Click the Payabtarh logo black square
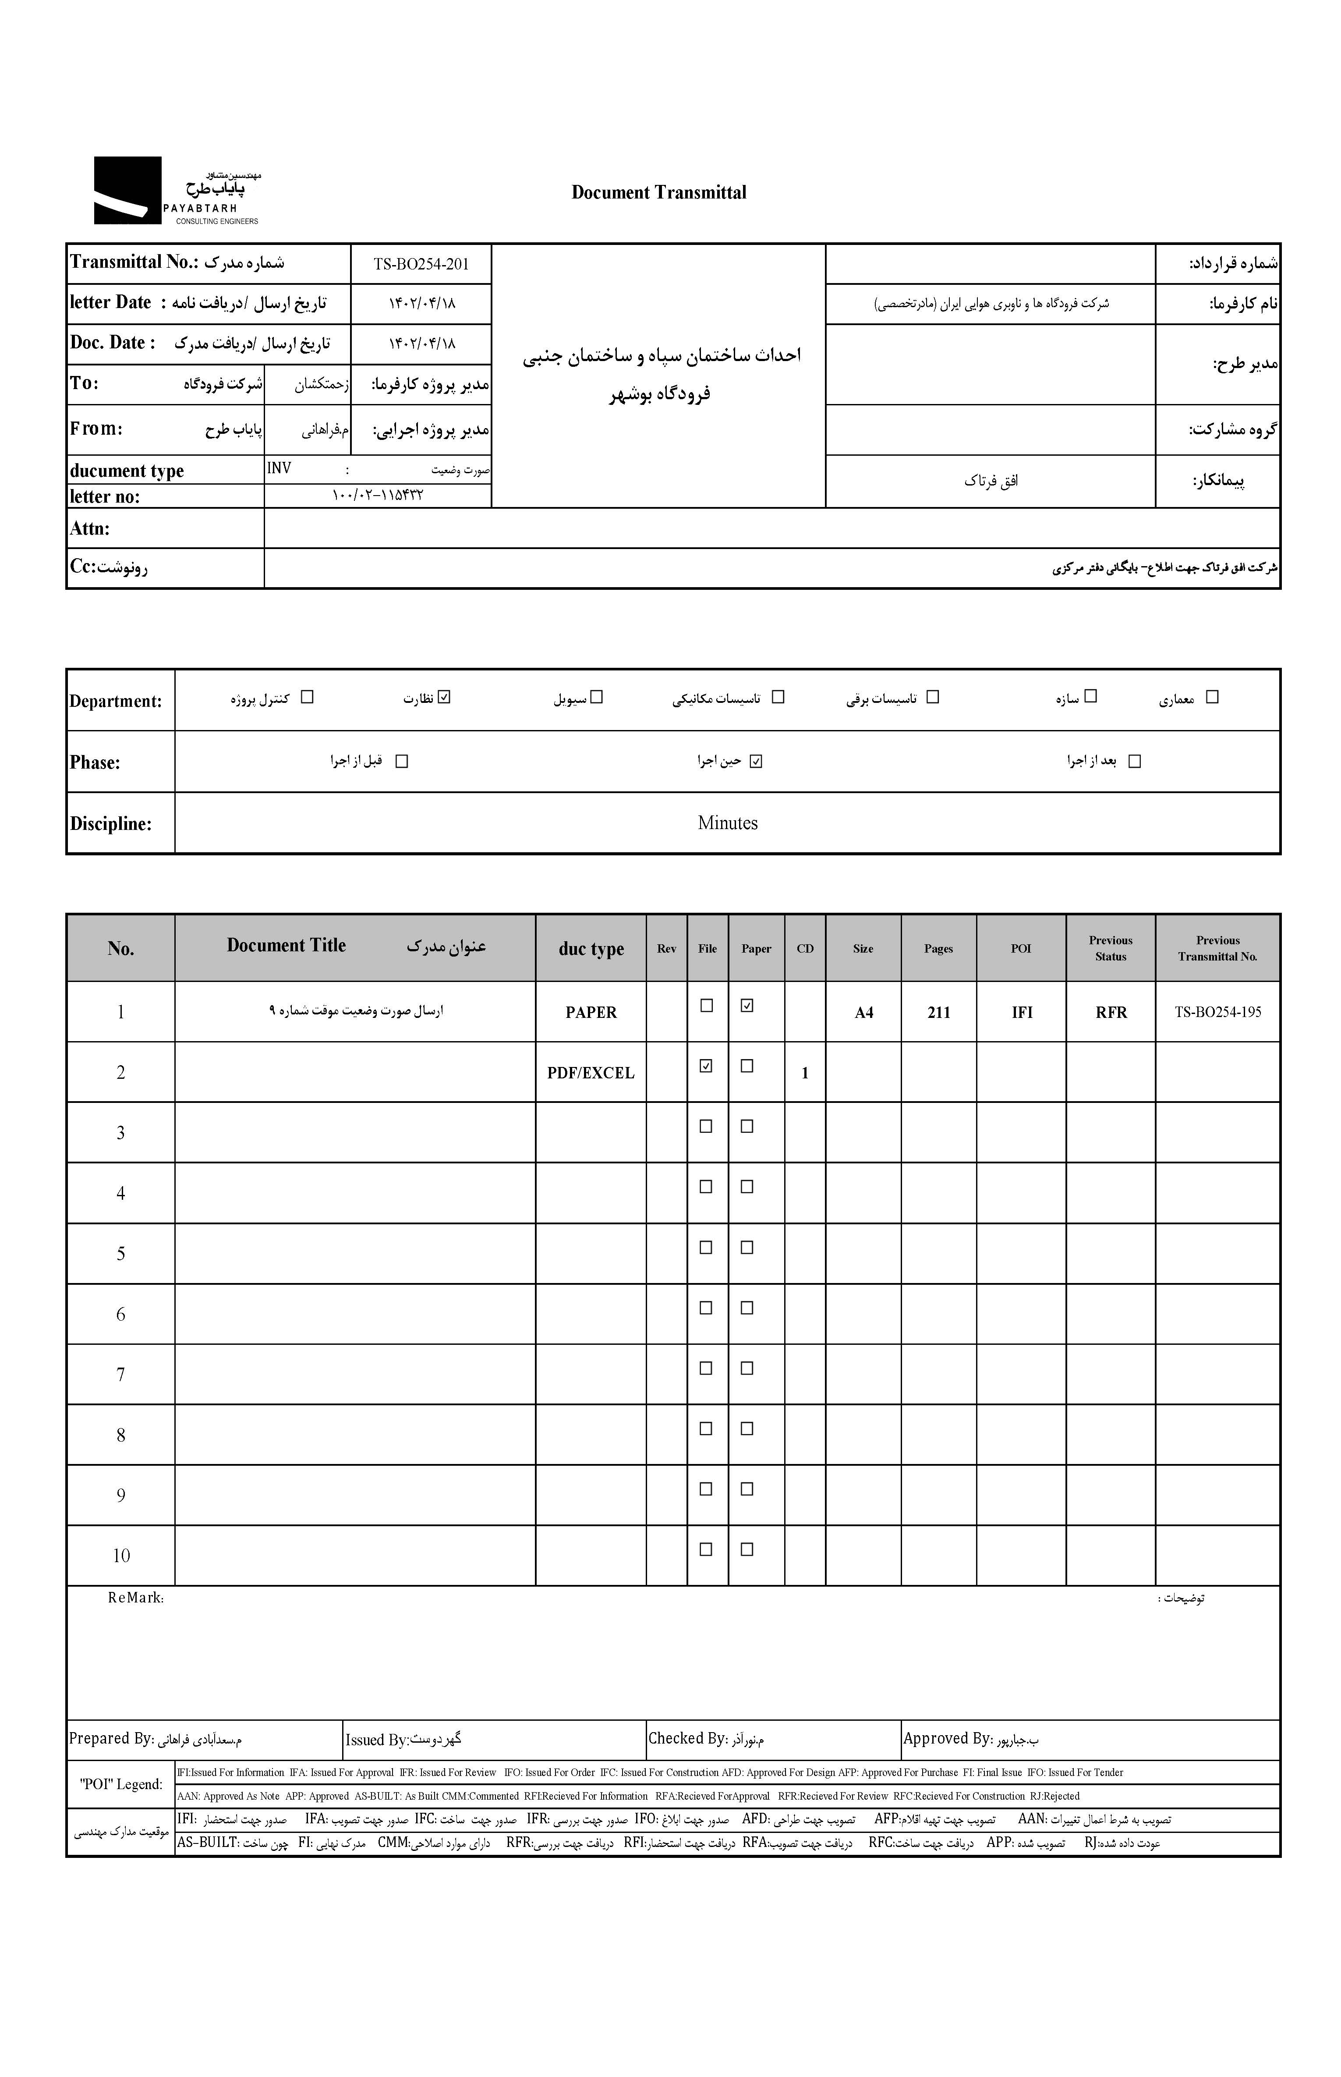[127, 190]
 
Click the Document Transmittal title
[658, 192]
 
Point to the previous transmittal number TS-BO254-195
[1217, 1012]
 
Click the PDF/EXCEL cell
[591, 1073]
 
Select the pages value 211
[938, 1012]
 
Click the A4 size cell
[863, 1012]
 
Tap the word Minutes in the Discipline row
[727, 823]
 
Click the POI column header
[1021, 948]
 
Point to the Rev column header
[666, 948]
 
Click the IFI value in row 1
[1022, 1012]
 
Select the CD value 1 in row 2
[805, 1073]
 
